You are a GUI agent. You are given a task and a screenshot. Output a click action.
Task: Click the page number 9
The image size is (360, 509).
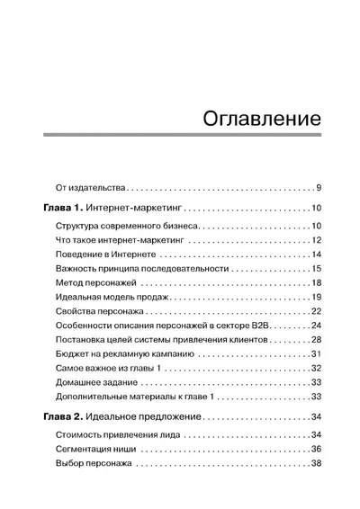click(x=319, y=188)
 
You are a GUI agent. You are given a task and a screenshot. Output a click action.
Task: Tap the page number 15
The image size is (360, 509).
click(x=317, y=271)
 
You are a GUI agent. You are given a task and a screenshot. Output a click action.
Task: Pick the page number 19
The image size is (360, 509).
click(x=317, y=298)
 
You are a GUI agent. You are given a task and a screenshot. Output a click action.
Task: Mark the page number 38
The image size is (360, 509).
click(x=317, y=464)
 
